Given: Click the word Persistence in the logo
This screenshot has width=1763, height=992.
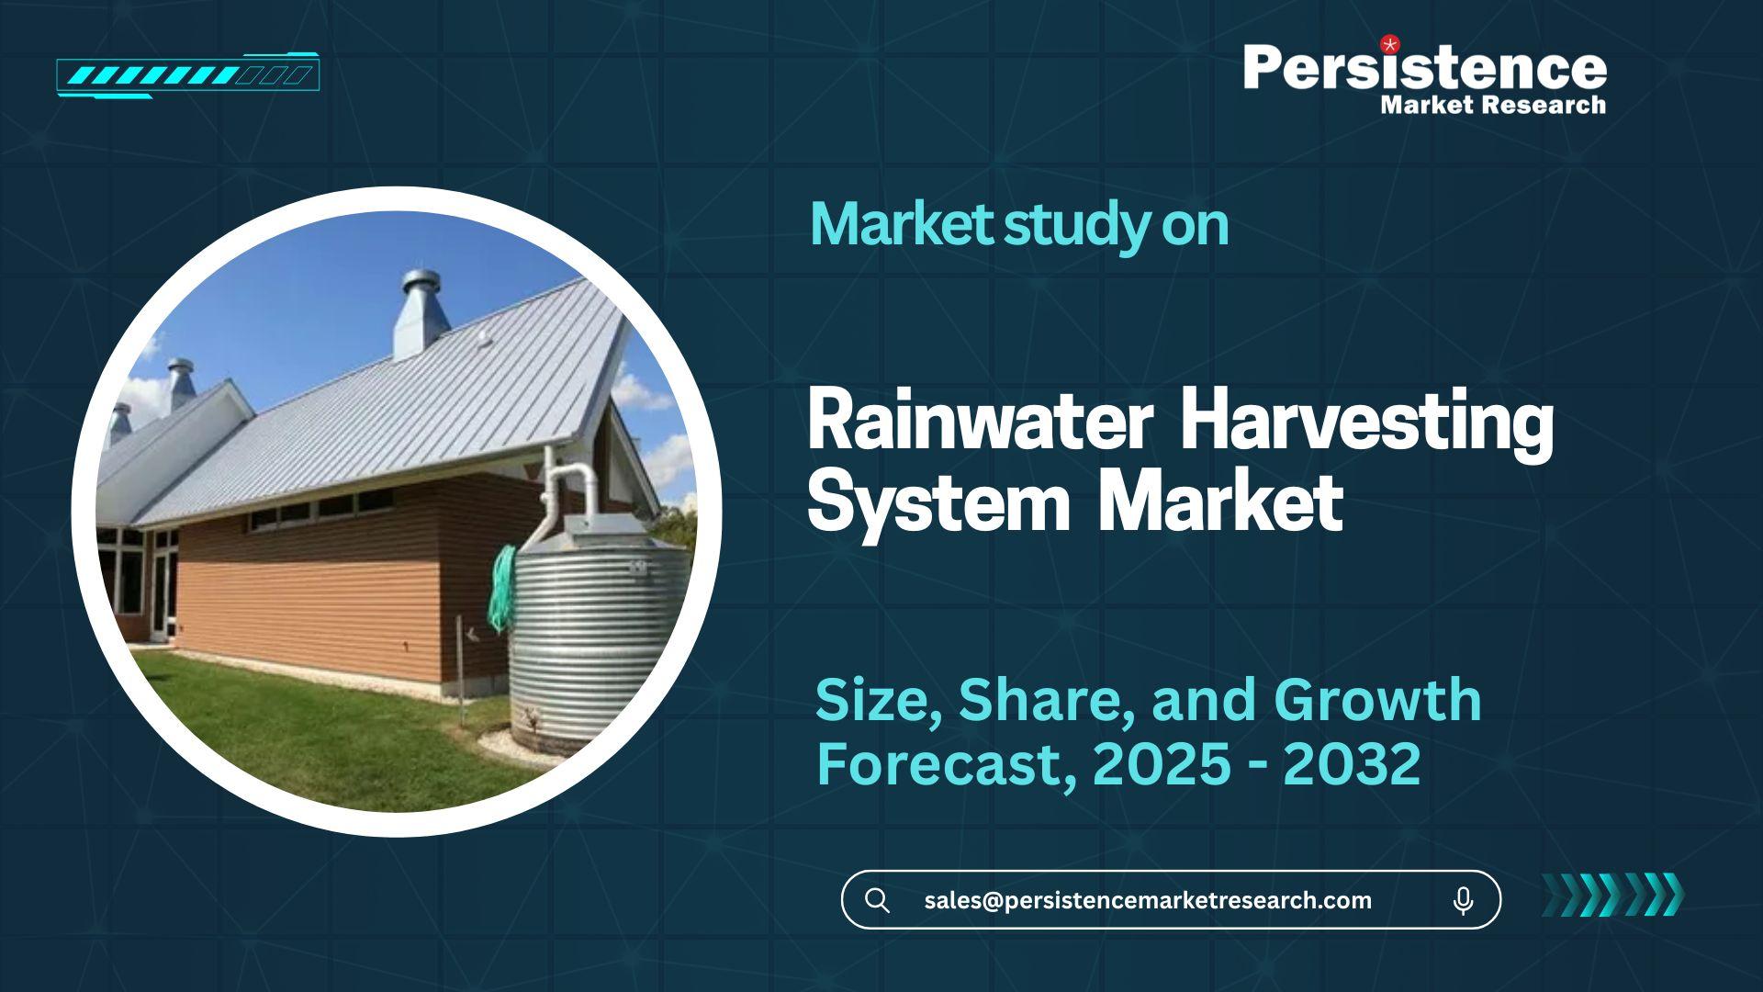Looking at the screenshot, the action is point(1425,67).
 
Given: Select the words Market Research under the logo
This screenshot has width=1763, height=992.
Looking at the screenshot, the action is point(1493,105).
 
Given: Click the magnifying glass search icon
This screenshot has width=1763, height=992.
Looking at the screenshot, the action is point(877,900).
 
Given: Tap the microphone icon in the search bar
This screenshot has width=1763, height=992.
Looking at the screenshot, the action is point(1464,900).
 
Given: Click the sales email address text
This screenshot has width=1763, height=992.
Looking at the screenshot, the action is point(1148,900).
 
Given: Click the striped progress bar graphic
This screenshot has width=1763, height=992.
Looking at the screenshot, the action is point(187,75).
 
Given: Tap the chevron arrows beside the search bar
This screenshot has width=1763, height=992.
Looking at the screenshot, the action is point(1612,895).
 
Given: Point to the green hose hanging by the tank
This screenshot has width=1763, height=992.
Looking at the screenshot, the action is point(503,588).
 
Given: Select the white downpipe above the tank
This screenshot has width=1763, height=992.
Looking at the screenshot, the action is point(562,491).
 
